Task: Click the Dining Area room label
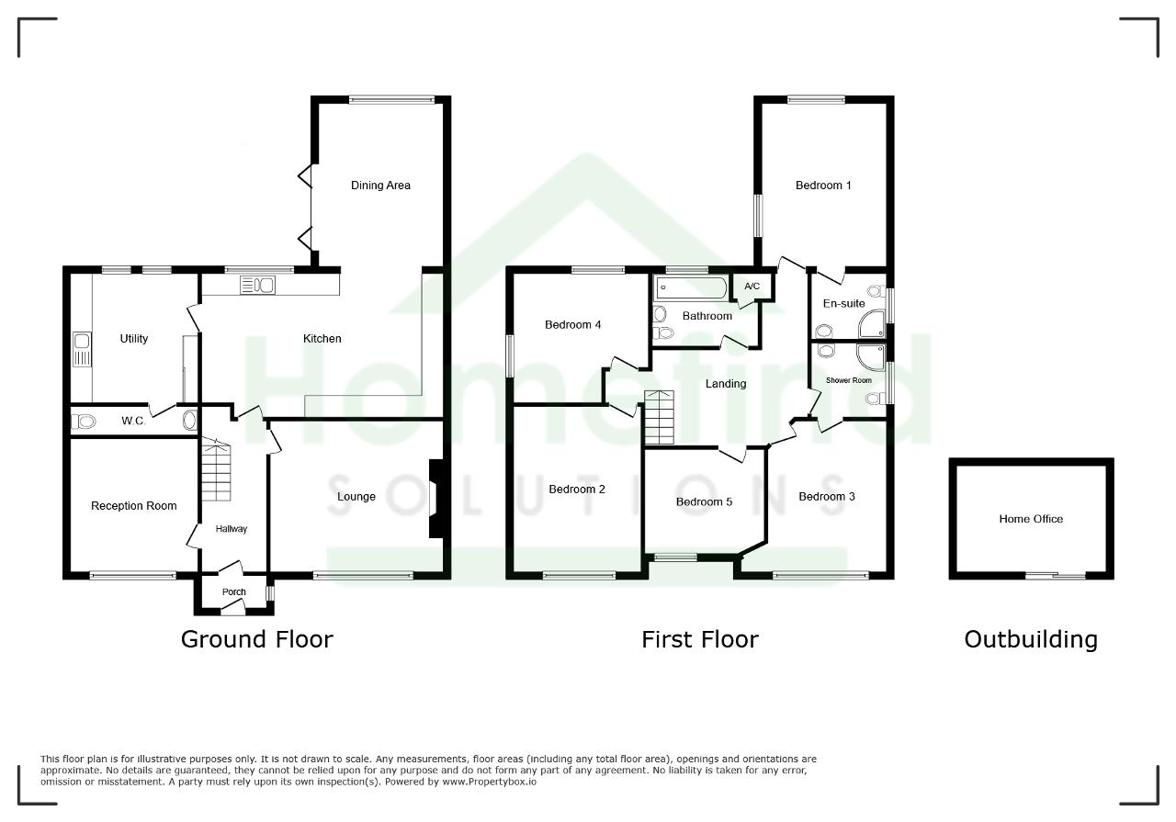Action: [x=380, y=186]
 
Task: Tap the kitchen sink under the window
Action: [x=257, y=285]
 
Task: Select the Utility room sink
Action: [x=82, y=349]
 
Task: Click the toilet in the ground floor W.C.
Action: [x=84, y=421]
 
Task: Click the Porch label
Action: [x=233, y=592]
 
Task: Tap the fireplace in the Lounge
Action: [x=436, y=499]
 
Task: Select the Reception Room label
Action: [x=134, y=505]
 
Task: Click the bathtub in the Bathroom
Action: [x=691, y=287]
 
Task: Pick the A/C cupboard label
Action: [x=752, y=286]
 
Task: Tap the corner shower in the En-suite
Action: [x=873, y=323]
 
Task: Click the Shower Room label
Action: [x=848, y=380]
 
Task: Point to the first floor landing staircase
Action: [x=660, y=418]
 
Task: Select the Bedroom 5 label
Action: [x=704, y=501]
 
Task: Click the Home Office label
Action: [x=1031, y=519]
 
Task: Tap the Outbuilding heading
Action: [x=1031, y=639]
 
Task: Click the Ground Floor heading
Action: [x=256, y=639]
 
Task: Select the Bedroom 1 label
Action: [x=823, y=186]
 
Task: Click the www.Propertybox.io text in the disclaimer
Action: [x=490, y=783]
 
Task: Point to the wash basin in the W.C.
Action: [x=189, y=421]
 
